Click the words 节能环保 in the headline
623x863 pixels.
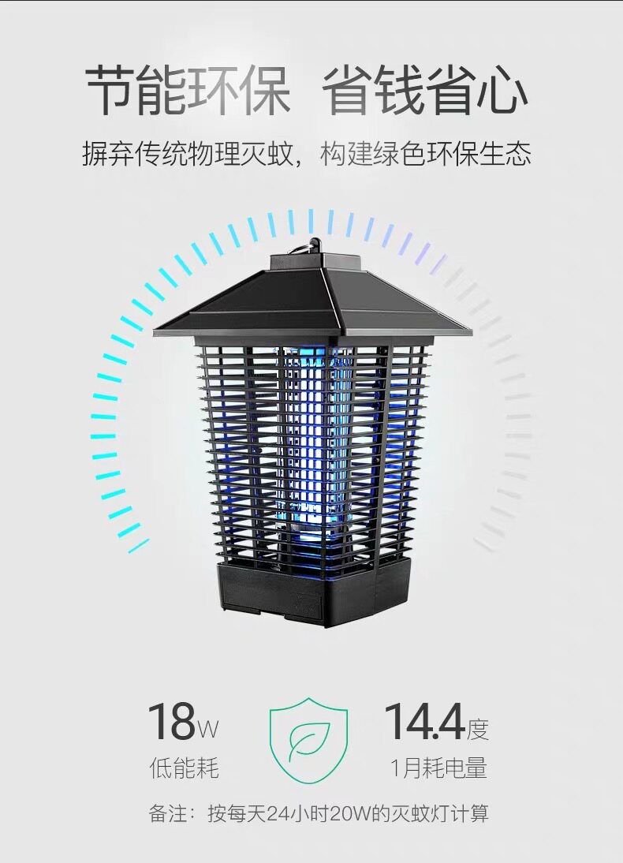tap(188, 92)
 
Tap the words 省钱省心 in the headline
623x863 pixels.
tap(423, 92)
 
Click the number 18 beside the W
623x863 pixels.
tap(171, 722)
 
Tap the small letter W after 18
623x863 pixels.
tap(207, 730)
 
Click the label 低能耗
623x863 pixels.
tap(184, 768)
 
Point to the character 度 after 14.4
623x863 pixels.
tap(478, 730)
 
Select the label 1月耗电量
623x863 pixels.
tap(438, 768)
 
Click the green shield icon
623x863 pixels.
tap(308, 738)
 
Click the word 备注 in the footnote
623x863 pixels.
tap(166, 813)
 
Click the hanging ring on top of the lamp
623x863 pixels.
tap(314, 246)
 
